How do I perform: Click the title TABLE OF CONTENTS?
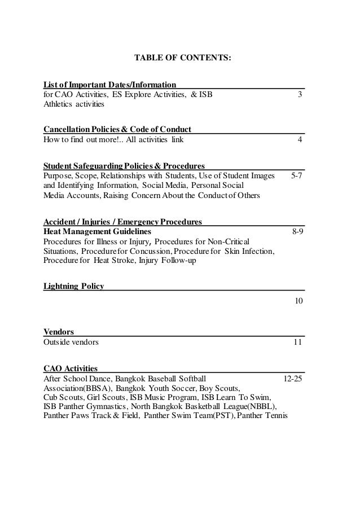click(x=182, y=57)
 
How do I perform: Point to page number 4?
click(x=300, y=140)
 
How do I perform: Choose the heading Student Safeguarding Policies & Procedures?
click(x=124, y=166)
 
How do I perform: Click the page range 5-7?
click(x=296, y=175)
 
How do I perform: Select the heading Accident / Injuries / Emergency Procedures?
click(x=122, y=221)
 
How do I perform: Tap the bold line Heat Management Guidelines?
click(x=97, y=231)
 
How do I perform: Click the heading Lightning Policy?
click(x=73, y=286)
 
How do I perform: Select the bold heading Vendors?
click(x=59, y=332)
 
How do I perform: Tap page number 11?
click(x=297, y=342)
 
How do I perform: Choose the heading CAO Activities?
click(x=70, y=368)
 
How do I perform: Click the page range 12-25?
click(x=292, y=378)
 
